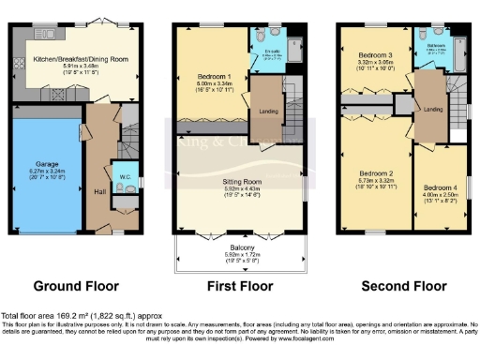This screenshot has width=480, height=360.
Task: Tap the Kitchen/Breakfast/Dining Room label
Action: coord(82,57)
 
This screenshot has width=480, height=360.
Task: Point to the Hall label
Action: coord(100,191)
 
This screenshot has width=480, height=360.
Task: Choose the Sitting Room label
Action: coord(239,178)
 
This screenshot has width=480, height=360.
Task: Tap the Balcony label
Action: coord(240,247)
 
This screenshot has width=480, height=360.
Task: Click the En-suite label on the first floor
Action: coord(270,49)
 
